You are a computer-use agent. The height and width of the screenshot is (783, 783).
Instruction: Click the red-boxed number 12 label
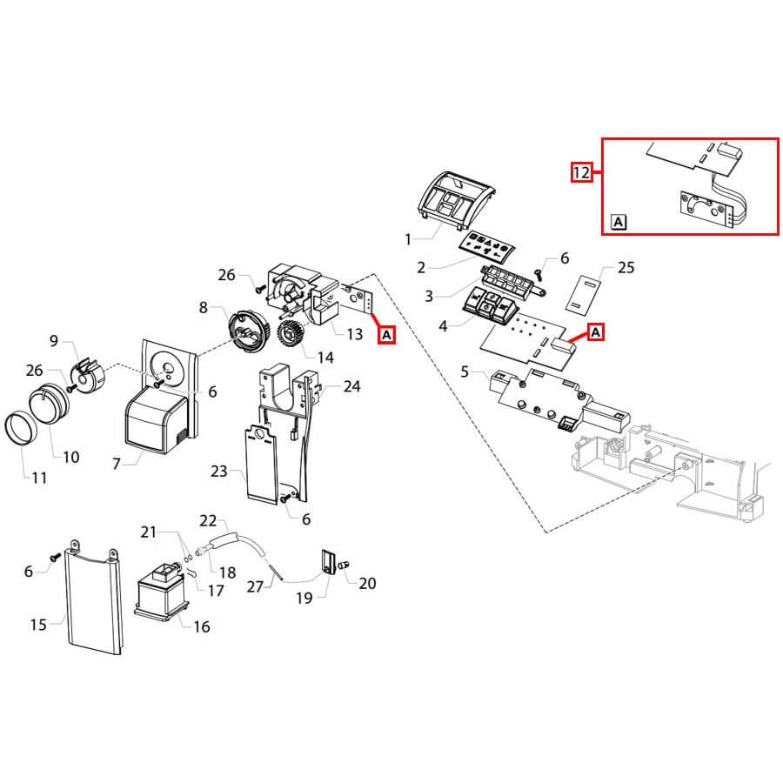(581, 172)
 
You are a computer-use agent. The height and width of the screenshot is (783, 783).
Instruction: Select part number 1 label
(410, 237)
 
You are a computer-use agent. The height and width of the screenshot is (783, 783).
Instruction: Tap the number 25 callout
(626, 267)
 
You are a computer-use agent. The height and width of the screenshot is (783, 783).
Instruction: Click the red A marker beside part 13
(386, 334)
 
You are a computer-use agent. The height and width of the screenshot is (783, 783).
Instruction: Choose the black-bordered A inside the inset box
(618, 222)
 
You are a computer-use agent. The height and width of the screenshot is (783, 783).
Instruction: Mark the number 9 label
(53, 339)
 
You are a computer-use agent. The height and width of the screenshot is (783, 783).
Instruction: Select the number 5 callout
(465, 372)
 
